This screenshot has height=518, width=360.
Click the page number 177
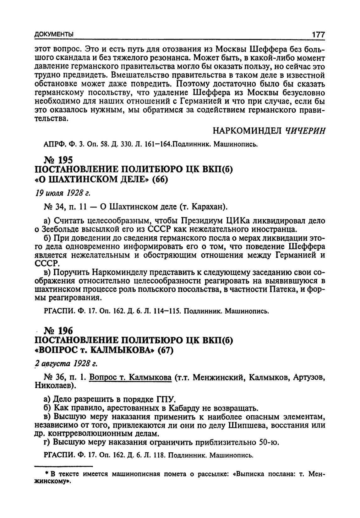(x=318, y=34)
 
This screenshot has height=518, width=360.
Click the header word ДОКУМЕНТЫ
(x=54, y=34)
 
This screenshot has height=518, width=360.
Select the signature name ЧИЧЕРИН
(x=304, y=130)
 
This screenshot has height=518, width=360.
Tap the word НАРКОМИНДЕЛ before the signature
(x=247, y=130)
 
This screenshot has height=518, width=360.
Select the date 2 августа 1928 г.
(x=65, y=363)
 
